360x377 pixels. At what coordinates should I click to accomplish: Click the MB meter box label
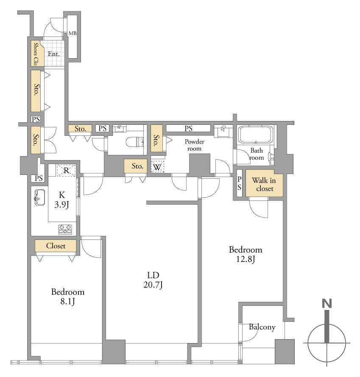pos(73,34)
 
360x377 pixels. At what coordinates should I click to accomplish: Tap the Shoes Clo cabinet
pos(37,53)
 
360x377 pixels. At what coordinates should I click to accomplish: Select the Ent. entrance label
pos(53,54)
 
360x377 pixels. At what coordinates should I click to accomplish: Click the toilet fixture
pos(134,142)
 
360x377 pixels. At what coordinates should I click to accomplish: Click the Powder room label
pos(195,145)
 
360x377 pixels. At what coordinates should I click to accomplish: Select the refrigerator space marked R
pos(66,171)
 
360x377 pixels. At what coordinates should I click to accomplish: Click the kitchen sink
pos(39,197)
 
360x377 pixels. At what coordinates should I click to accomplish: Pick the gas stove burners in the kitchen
pos(65,229)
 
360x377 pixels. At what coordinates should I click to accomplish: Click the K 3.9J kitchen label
pos(62,200)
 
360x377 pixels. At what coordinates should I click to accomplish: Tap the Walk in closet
pos(264,183)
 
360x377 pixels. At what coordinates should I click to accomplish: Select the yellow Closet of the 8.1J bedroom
pos(56,246)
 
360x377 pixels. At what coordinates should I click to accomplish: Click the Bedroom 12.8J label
pos(246,254)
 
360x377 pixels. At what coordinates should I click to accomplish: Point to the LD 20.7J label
pos(153,280)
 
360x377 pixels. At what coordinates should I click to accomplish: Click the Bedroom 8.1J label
pos(68,296)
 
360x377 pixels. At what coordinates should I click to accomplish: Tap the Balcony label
pos(262,327)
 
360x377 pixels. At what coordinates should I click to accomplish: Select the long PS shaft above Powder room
pos(188,128)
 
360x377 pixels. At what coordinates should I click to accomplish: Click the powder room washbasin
pos(223,131)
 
